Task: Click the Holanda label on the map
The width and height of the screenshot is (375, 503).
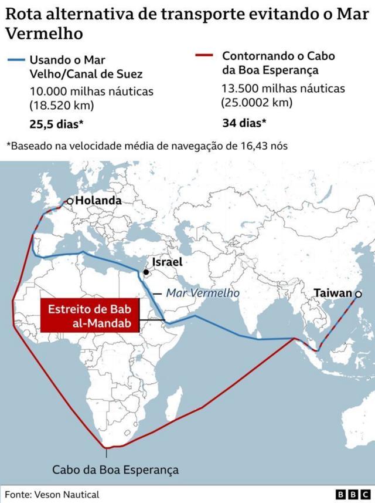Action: [98, 201]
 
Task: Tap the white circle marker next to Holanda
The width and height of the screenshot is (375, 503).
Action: [70, 201]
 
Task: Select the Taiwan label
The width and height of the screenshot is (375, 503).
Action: [333, 293]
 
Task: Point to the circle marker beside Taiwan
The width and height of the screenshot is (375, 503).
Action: [358, 293]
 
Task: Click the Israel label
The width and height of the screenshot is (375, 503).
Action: [167, 262]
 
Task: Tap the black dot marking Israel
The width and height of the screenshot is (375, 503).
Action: [145, 272]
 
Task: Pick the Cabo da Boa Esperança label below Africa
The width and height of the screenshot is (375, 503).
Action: [115, 470]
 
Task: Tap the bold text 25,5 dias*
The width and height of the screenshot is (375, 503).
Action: [56, 124]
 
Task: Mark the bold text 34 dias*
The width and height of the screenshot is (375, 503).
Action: [244, 123]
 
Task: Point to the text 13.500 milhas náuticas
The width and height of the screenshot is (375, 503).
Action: [283, 89]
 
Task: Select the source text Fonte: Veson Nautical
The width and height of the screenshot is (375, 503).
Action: [53, 494]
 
